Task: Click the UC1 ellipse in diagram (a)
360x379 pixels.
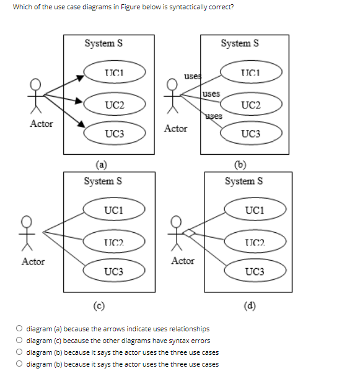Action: click(115, 74)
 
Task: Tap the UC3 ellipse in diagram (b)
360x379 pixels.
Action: click(251, 133)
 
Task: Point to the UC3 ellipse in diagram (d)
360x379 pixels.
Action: click(255, 271)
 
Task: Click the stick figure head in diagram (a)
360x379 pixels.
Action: click(37, 84)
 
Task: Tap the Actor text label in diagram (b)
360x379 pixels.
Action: click(176, 128)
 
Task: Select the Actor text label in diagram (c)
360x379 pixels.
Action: click(33, 261)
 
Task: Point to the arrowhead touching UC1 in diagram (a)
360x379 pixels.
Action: click(79, 77)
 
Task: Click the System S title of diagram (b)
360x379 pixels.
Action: click(240, 43)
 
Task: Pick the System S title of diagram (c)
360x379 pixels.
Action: click(103, 181)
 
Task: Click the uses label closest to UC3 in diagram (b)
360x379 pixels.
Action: click(213, 116)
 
